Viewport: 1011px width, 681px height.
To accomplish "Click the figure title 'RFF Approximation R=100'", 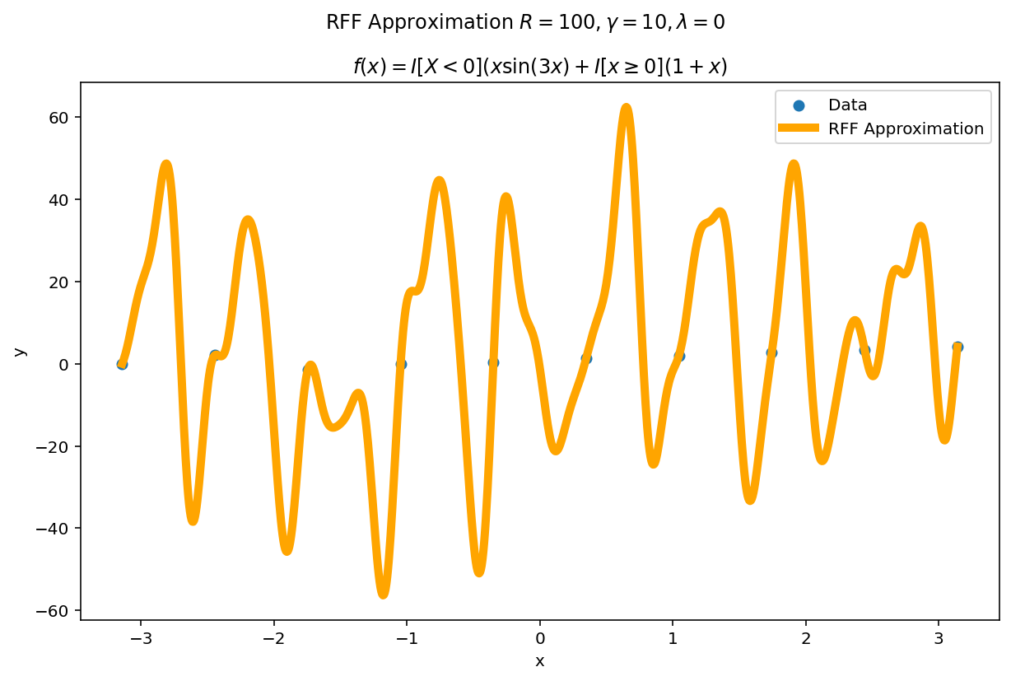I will [525, 22].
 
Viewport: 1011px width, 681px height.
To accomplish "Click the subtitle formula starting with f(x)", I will [539, 67].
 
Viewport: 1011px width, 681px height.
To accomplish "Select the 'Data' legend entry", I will [847, 105].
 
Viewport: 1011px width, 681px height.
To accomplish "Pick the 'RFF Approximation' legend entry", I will [906, 128].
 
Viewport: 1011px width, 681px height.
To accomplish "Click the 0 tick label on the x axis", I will [540, 637].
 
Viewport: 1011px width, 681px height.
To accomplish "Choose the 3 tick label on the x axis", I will [939, 637].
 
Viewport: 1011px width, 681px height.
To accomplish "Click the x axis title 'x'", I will [540, 661].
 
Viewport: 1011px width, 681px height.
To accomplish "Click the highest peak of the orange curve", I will [627, 108].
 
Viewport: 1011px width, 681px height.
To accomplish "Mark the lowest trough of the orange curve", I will [383, 594].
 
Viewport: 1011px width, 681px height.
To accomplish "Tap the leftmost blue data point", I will [122, 363].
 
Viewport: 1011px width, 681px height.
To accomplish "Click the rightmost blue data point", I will [957, 347].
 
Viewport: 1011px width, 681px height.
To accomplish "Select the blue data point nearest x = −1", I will [401, 363].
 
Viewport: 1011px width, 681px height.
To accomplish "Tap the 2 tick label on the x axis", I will [806, 637].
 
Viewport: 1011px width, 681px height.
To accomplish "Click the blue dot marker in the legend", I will [798, 105].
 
